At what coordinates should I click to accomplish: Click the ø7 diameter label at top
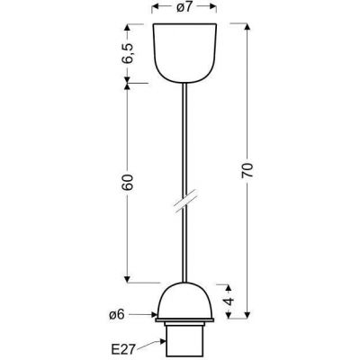(184, 8)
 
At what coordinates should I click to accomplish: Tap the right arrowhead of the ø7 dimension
(215, 8)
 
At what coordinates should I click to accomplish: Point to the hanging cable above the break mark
(184, 135)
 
